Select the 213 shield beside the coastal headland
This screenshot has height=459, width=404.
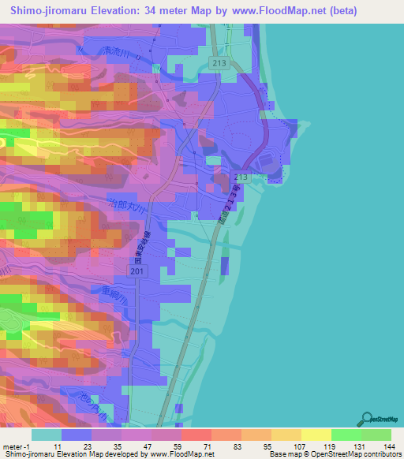241,178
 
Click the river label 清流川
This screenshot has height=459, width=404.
118,55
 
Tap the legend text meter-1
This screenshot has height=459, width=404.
15,446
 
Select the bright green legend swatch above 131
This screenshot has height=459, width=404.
346,435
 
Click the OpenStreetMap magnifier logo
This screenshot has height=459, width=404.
367,419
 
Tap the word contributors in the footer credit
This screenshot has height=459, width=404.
381,454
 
